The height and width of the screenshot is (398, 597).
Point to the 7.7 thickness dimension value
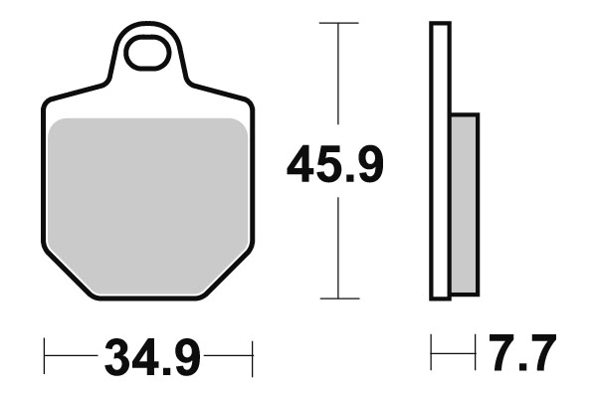pos(521,354)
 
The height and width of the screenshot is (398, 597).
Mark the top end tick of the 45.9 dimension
pos(339,22)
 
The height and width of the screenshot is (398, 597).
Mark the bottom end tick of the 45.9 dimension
pos(339,298)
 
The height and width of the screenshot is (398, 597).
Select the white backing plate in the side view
pos(439,159)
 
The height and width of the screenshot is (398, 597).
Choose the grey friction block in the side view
pos(464,204)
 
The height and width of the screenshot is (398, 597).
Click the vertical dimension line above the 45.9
pos(339,80)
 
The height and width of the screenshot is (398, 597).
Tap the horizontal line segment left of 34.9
pos(70,354)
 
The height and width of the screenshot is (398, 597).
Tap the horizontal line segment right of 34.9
pos(229,354)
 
